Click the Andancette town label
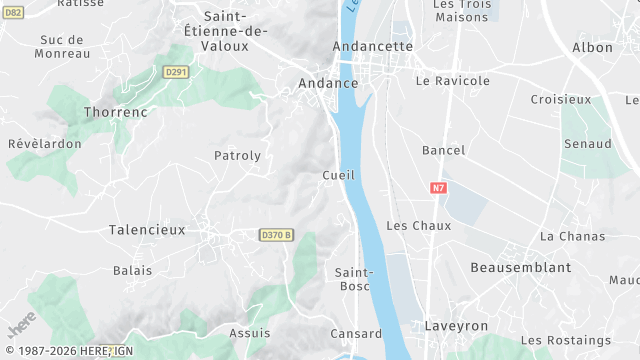[x=372, y=47]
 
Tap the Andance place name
[x=328, y=84]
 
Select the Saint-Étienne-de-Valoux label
[x=235, y=31]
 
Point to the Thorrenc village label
[x=116, y=113]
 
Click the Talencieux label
[x=147, y=230]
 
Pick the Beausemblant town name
[x=520, y=268]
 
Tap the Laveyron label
[x=456, y=326]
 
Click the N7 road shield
[x=438, y=187]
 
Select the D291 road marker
[x=176, y=72]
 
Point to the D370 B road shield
[x=276, y=235]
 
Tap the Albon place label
[x=592, y=48]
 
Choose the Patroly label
[x=237, y=156]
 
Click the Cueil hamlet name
[x=339, y=176]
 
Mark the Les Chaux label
[x=418, y=226]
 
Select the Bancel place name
[x=444, y=151]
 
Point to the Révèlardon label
[x=44, y=144]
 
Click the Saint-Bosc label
[x=353, y=279]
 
